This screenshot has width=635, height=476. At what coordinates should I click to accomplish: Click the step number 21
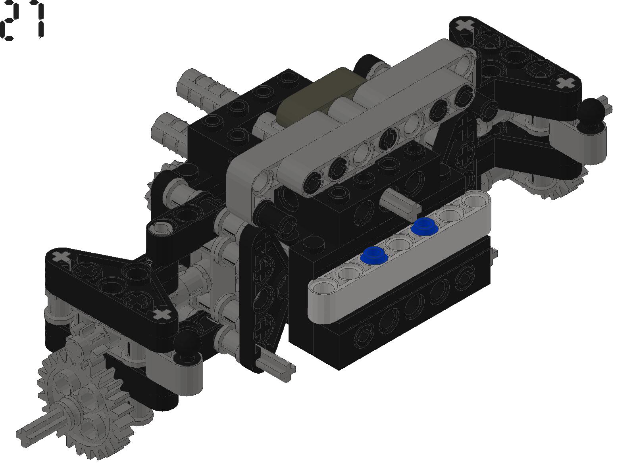pyautogui.click(x=23, y=20)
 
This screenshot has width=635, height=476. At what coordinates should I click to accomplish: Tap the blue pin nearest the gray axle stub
pyautogui.click(x=424, y=226)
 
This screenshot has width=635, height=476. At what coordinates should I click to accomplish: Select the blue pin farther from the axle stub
pyautogui.click(x=374, y=255)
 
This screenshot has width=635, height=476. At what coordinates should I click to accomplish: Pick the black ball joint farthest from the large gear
pyautogui.click(x=591, y=111)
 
